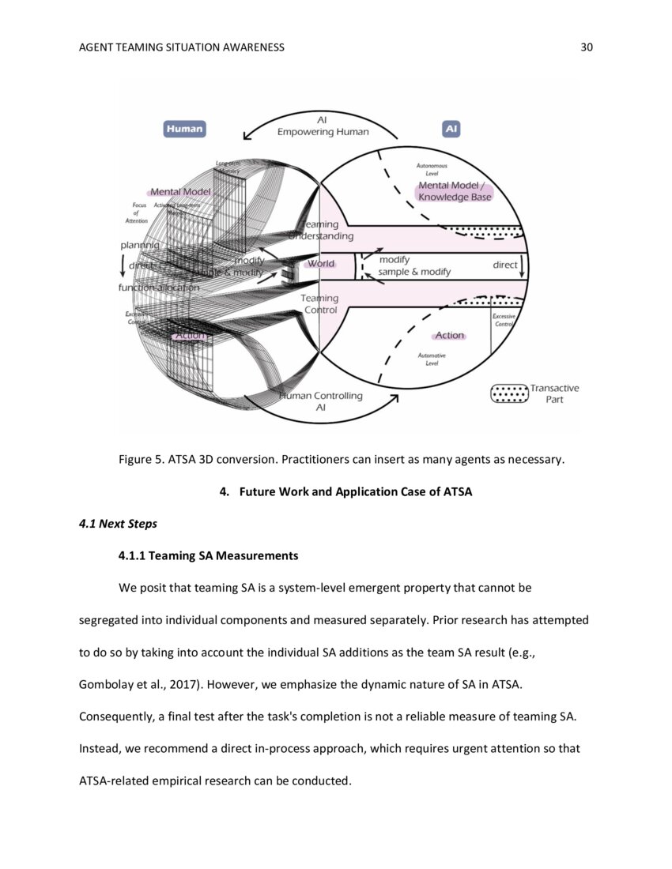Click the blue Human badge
(x=184, y=129)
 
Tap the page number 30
(x=586, y=47)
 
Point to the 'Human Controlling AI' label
(x=321, y=401)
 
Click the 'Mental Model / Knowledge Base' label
(x=455, y=191)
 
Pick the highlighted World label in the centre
(x=321, y=264)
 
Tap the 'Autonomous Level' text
(x=432, y=169)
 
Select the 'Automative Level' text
(x=432, y=359)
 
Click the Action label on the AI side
(x=449, y=336)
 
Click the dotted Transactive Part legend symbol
(x=508, y=393)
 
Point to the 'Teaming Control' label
(x=320, y=304)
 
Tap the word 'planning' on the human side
(x=139, y=246)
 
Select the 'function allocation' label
(x=159, y=288)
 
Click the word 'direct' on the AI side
(x=504, y=265)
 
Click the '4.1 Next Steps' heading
(x=107, y=524)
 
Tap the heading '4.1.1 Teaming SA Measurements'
(x=208, y=555)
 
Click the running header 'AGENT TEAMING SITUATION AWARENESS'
(x=182, y=47)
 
